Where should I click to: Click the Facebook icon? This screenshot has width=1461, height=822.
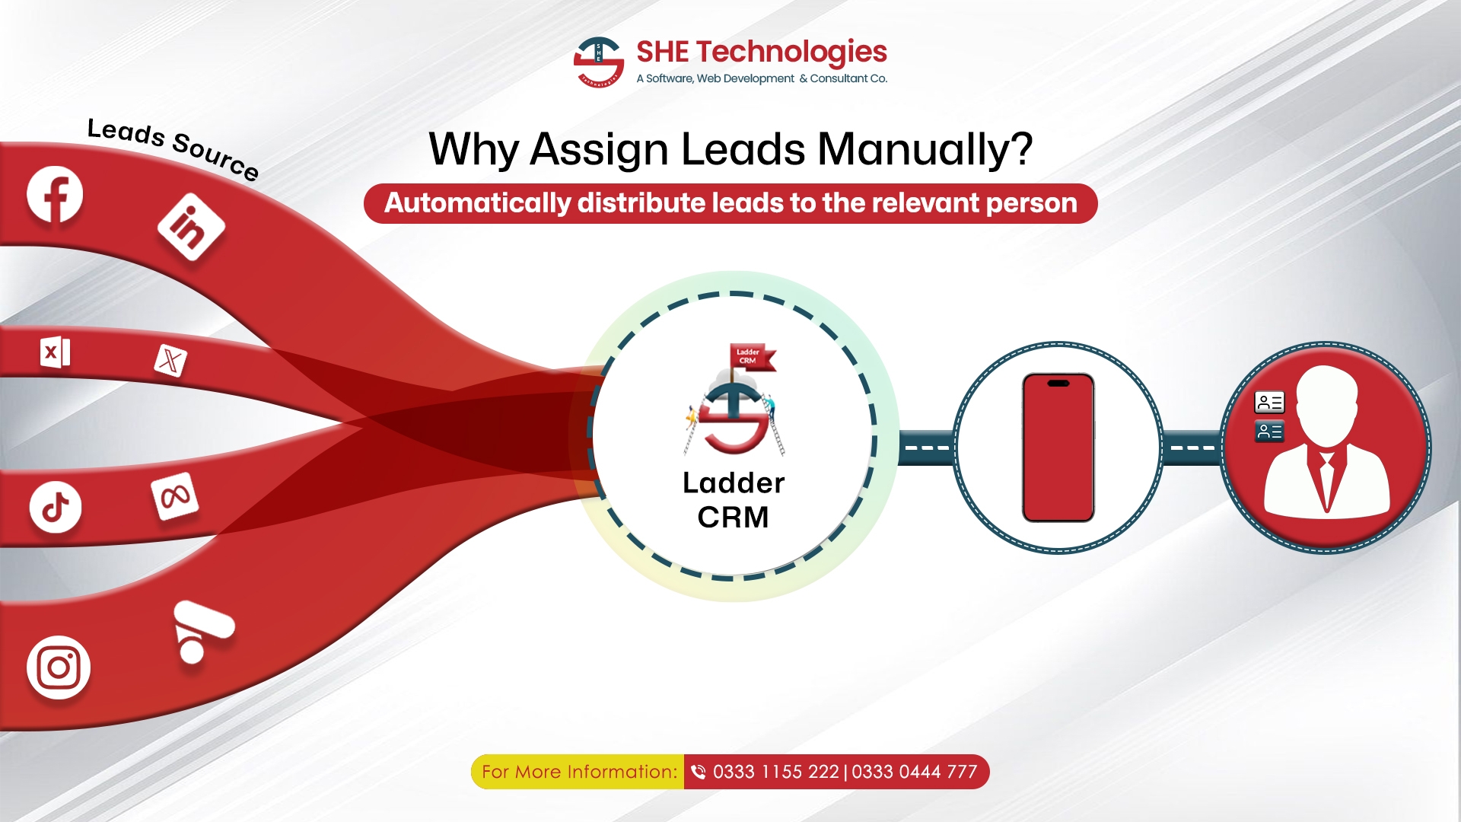pos(55,194)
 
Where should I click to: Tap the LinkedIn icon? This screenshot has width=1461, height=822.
pos(191,227)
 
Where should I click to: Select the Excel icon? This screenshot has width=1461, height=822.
pos(55,352)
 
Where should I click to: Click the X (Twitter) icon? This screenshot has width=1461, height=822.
pos(170,360)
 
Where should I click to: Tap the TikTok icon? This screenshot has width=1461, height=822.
pos(56,507)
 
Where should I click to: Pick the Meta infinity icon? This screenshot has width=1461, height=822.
pos(175,497)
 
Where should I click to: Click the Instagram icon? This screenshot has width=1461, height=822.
pos(59,667)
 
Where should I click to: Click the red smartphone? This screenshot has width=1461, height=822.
pos(1058,448)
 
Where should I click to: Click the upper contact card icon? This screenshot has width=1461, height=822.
pos(1269,402)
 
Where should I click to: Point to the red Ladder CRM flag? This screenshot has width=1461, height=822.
pos(753,357)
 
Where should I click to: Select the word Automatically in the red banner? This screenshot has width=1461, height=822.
pos(477,203)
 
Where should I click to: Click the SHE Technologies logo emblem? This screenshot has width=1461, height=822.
pos(599,62)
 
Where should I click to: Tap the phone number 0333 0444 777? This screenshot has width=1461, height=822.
pos(914,772)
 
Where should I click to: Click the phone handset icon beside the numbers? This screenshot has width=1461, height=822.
pos(698,772)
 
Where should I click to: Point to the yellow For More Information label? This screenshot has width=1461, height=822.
pos(578,772)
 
